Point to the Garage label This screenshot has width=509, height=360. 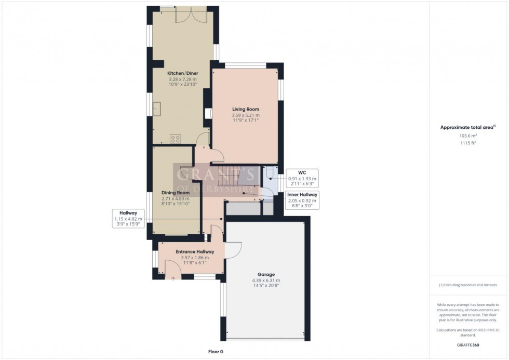(x=266, y=274)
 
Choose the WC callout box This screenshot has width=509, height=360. (x=302, y=178)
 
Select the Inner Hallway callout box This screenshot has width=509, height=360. (x=302, y=199)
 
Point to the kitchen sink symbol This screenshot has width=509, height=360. (x=156, y=109)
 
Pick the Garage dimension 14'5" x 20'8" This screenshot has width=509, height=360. (x=266, y=286)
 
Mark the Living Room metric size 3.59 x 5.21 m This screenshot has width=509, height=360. (x=246, y=115)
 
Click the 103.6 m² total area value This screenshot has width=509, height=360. (x=468, y=136)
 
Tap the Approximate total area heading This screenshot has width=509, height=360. (x=468, y=127)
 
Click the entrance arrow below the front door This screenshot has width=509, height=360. (x=173, y=278)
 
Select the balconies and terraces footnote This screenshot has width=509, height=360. (x=468, y=285)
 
